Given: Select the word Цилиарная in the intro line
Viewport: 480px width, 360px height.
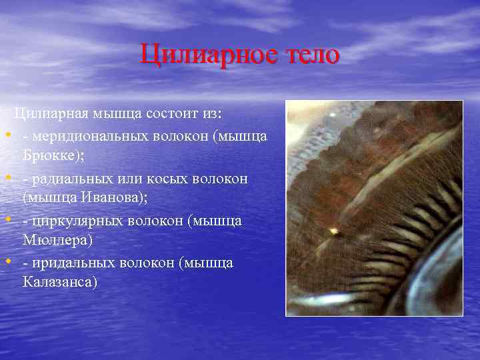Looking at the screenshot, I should [51, 114].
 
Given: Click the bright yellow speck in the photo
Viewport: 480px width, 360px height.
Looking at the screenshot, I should [333, 231].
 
